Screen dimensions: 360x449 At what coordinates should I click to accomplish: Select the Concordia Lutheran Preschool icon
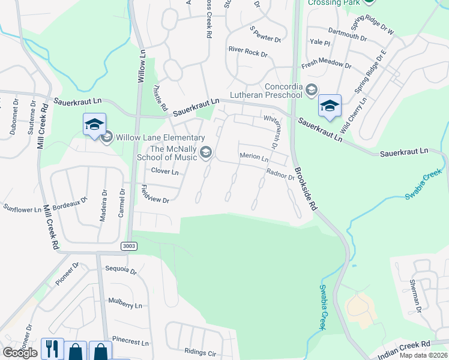click(x=312, y=90)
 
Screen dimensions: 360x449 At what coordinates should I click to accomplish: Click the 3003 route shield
click(x=128, y=246)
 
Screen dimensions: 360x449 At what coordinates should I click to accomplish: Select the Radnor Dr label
click(x=280, y=174)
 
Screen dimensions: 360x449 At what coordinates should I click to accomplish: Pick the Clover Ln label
click(x=165, y=172)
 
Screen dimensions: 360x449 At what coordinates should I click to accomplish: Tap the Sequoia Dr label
click(x=121, y=269)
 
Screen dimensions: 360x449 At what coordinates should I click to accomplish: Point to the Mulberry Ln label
click(x=125, y=302)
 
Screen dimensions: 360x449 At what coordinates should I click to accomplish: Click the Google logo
click(x=20, y=352)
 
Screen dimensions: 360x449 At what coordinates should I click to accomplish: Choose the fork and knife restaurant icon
click(x=52, y=350)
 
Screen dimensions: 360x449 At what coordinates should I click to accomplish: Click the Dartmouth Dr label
click(x=347, y=34)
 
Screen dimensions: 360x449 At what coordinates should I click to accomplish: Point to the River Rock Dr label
click(x=248, y=53)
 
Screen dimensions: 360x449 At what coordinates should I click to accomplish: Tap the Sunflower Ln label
click(x=22, y=209)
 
